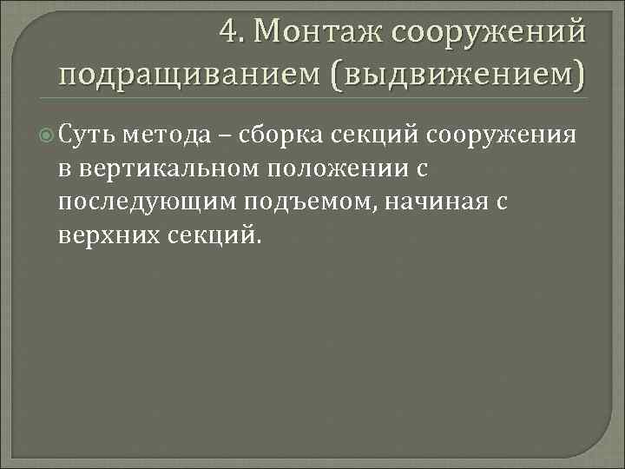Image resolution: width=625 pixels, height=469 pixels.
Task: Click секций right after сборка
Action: point(375,135)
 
